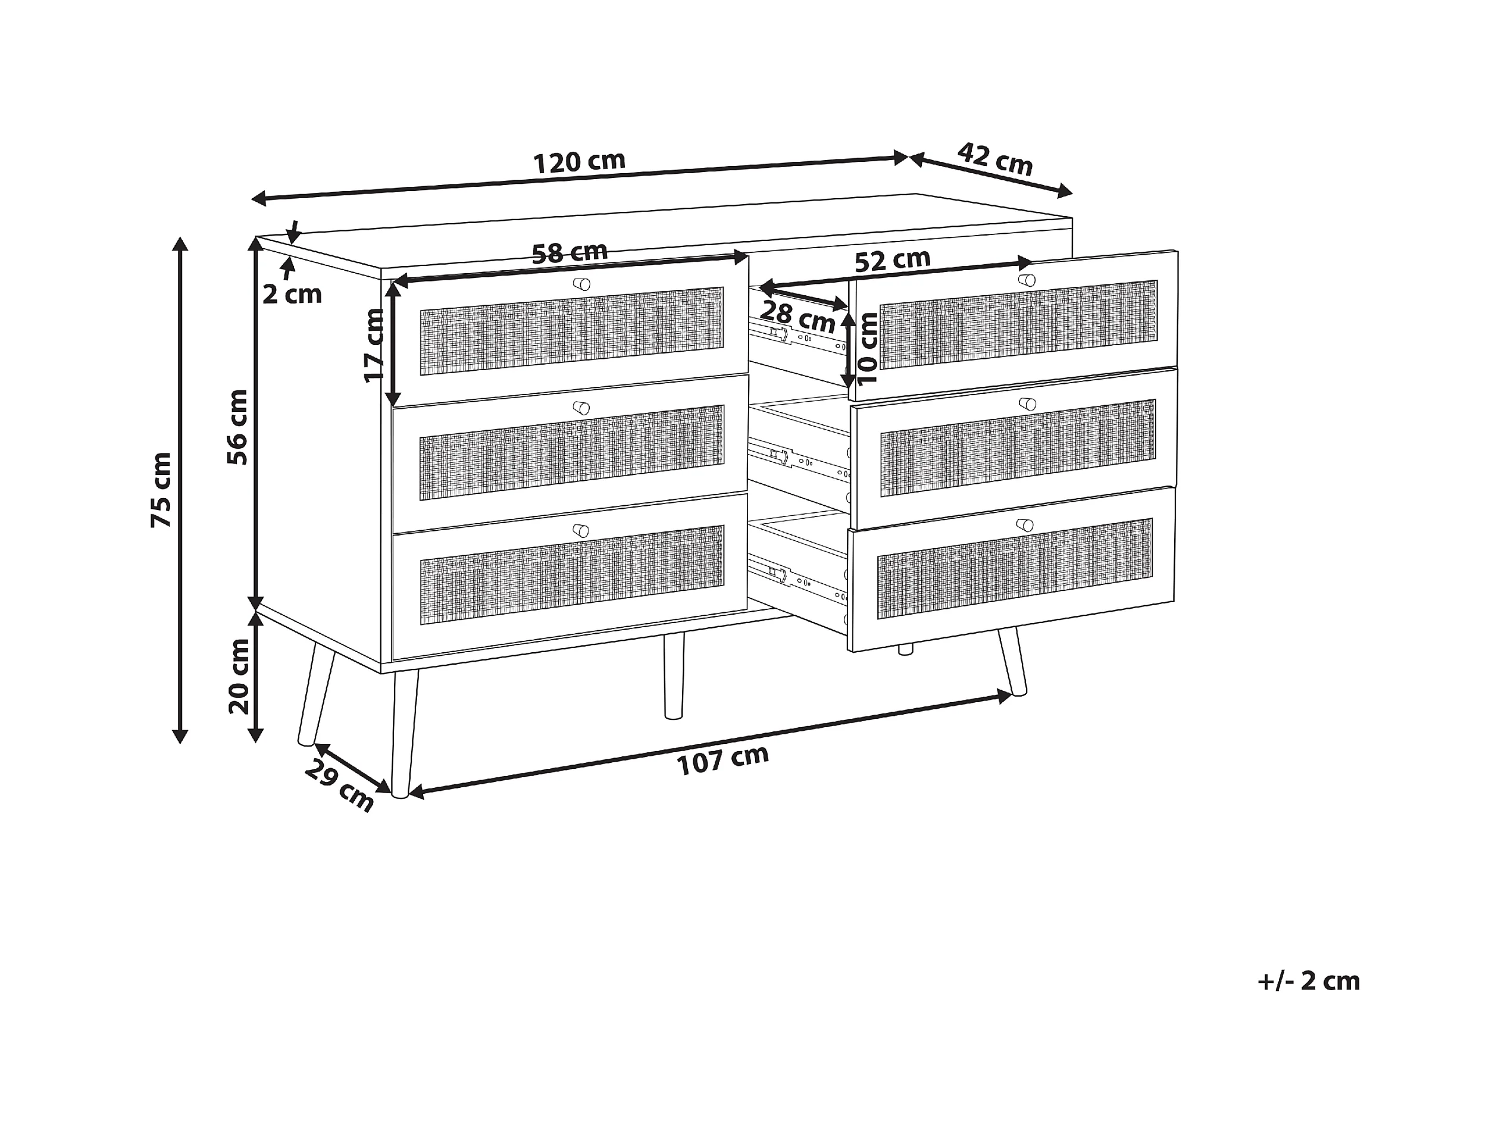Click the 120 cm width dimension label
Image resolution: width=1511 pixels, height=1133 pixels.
[578, 162]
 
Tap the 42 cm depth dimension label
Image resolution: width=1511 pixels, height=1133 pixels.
[994, 159]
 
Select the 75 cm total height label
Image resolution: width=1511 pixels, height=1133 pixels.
[162, 489]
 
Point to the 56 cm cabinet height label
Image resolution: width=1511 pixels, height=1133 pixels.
[237, 427]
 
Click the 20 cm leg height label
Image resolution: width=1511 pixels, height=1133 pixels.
[239, 676]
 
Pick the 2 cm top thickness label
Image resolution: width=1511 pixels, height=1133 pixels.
[292, 295]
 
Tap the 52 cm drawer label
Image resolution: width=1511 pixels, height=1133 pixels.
[892, 260]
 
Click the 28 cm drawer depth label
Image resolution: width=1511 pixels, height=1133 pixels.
[797, 316]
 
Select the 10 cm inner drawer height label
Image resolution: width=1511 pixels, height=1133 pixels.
[867, 348]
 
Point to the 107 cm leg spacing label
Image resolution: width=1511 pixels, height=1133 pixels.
[722, 759]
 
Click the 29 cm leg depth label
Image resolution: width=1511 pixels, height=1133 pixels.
[339, 785]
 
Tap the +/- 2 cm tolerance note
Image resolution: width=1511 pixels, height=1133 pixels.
[1308, 981]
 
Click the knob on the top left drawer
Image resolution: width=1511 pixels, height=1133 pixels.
[581, 284]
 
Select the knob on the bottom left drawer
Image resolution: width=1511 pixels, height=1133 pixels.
[581, 531]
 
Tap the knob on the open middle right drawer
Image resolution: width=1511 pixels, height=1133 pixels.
[1027, 404]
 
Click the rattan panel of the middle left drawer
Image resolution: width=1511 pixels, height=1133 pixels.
[571, 453]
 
